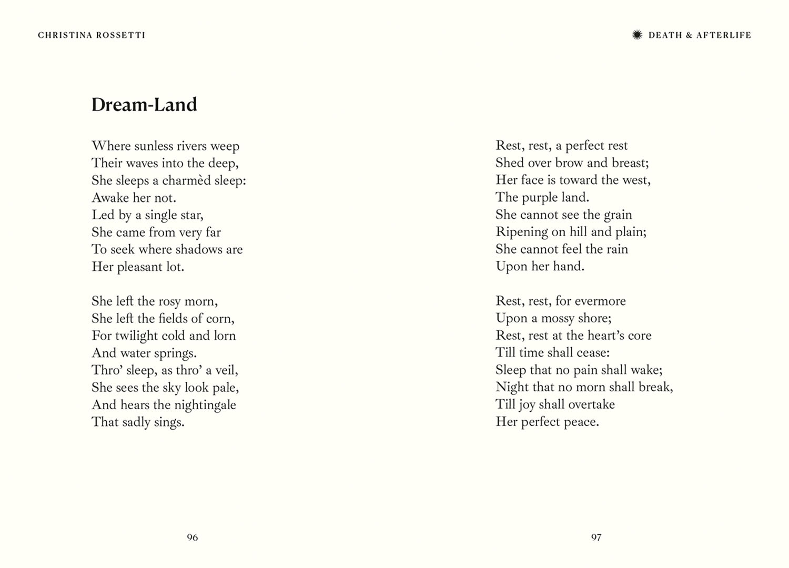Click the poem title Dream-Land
pos(144,105)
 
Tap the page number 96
pos(193,537)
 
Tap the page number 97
pos(596,537)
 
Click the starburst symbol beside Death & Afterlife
pos(637,35)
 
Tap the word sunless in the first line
pos(154,146)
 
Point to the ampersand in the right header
pos(689,35)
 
